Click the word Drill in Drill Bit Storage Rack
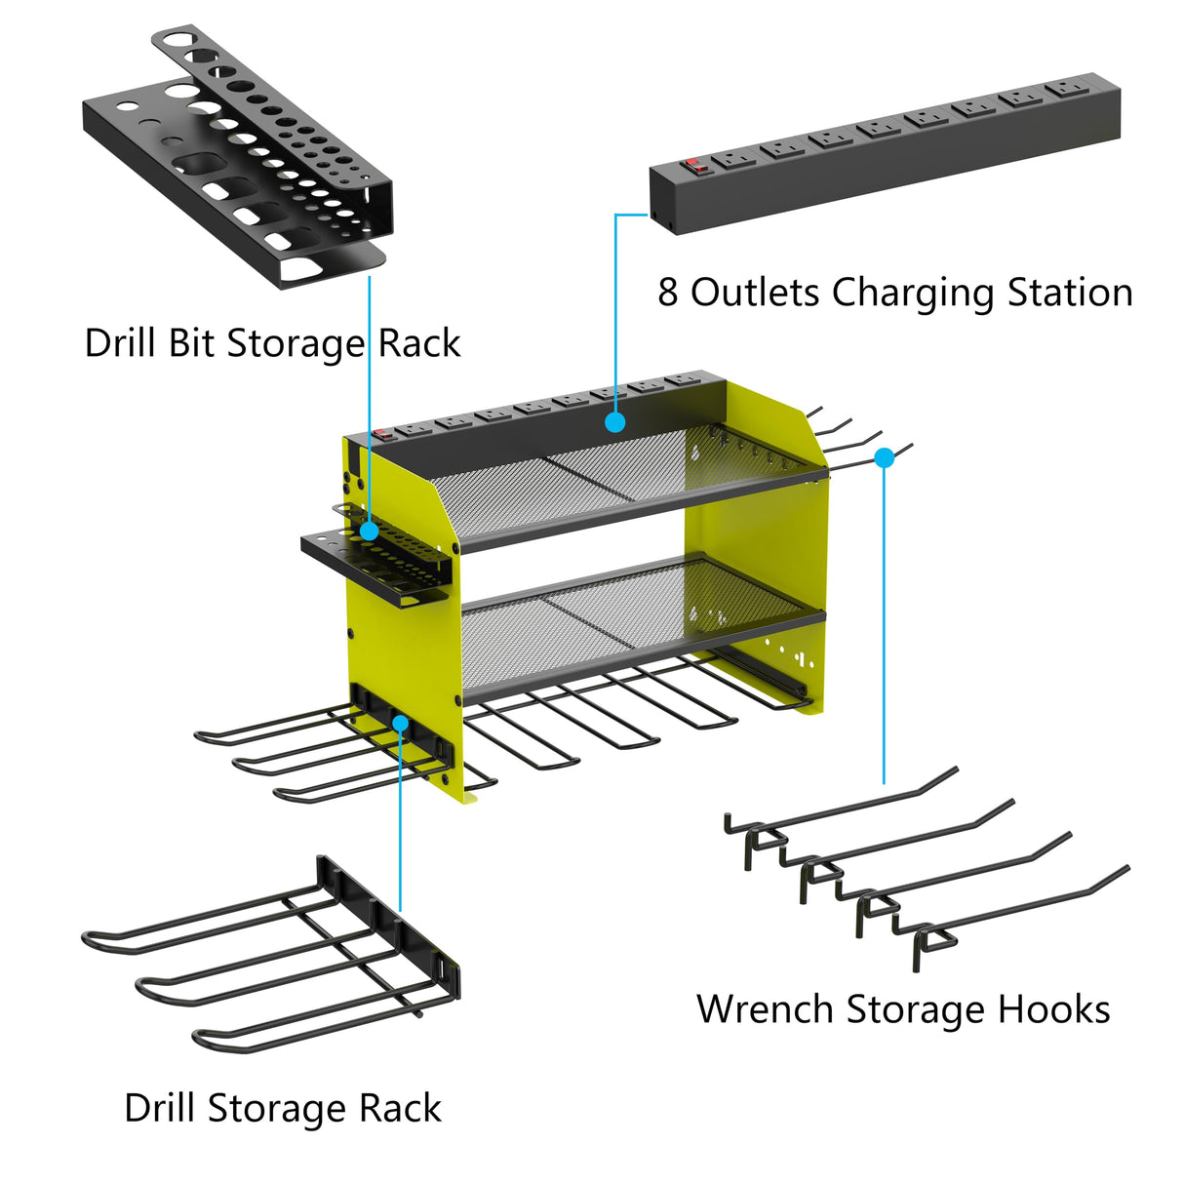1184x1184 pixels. [x=121, y=343]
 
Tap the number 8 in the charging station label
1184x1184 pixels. [x=667, y=293]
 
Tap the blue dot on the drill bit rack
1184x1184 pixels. [x=369, y=531]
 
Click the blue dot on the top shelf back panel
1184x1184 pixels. [x=614, y=422]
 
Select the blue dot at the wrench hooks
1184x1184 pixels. [x=884, y=456]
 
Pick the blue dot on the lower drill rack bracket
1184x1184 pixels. [x=400, y=722]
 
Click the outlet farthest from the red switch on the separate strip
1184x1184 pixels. [x=1062, y=90]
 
